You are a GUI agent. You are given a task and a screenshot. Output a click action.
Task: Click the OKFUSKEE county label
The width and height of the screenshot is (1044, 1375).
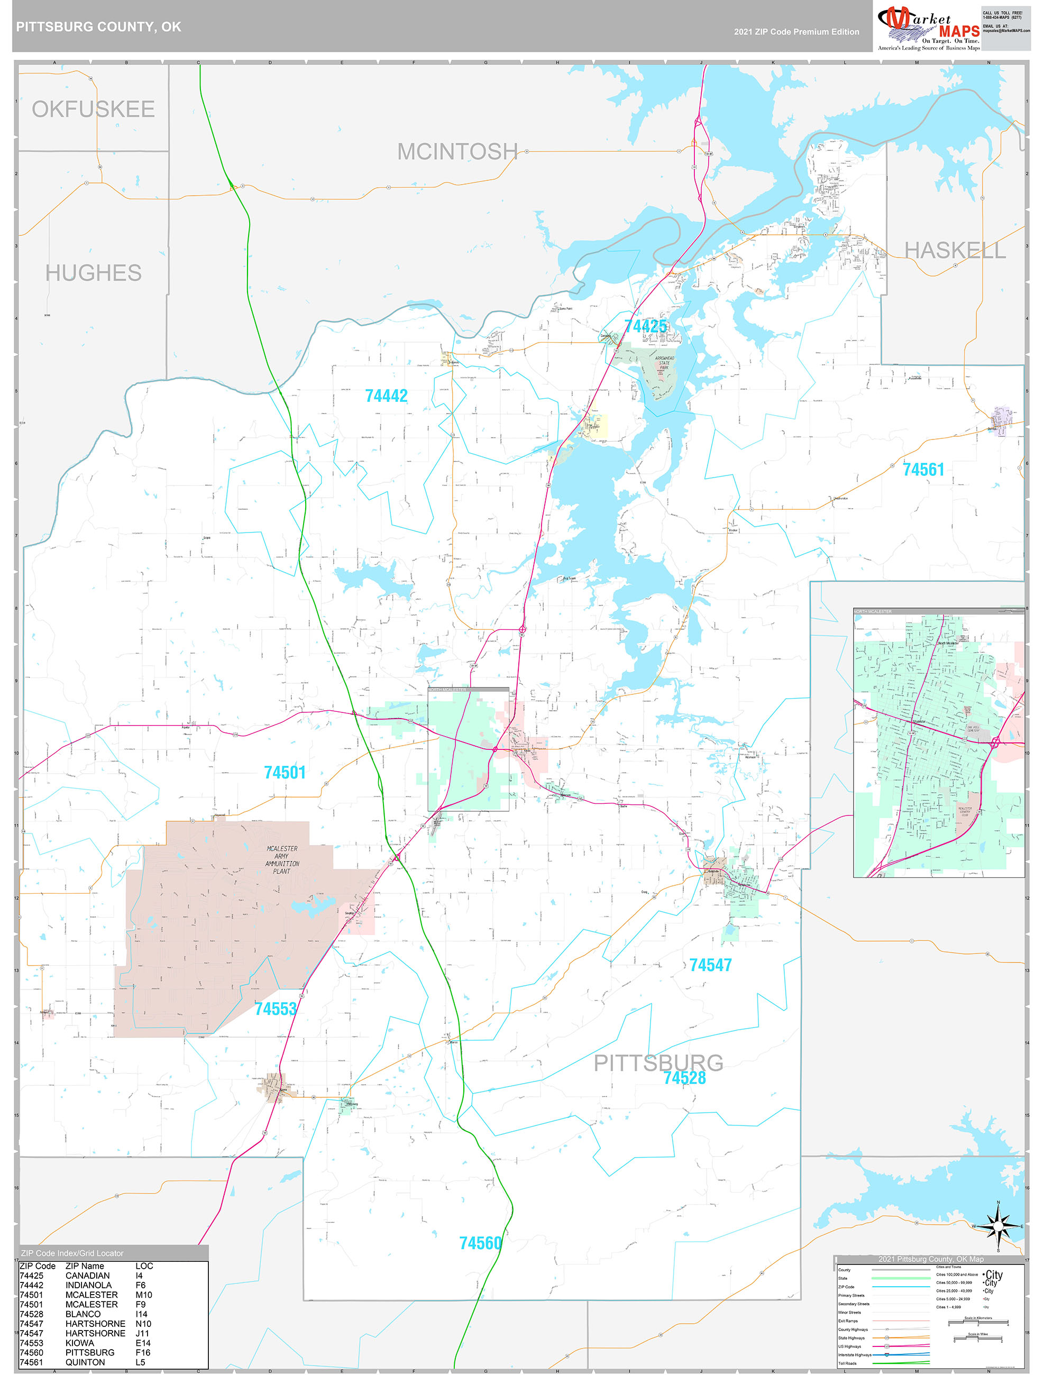click(x=93, y=109)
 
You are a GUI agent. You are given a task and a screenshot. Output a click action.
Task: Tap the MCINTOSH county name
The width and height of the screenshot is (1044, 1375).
click(x=457, y=152)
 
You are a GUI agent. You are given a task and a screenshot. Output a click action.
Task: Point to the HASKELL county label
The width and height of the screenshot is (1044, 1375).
click(x=955, y=251)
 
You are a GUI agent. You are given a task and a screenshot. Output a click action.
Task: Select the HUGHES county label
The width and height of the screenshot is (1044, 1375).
click(x=93, y=273)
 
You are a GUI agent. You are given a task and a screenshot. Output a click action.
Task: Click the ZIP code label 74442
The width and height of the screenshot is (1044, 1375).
click(x=386, y=396)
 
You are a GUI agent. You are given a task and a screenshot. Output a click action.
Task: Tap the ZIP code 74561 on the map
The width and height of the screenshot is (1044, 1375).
click(x=923, y=470)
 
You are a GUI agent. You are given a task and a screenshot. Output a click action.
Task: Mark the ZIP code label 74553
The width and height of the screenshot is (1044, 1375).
click(x=276, y=1009)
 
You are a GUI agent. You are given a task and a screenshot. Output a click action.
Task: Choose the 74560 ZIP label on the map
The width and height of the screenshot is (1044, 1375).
click(x=480, y=1243)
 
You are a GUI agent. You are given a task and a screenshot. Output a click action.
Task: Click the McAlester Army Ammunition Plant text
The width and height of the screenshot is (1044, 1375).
click(x=282, y=860)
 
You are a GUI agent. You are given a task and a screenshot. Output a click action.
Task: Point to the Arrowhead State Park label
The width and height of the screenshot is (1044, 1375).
click(x=664, y=363)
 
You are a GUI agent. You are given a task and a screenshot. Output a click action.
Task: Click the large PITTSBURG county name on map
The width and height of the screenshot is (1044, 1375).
click(x=658, y=1063)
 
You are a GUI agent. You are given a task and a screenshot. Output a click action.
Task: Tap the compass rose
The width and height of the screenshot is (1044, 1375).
click(x=998, y=1226)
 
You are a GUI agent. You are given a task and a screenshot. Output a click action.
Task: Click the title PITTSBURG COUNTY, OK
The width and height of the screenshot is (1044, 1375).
click(x=99, y=27)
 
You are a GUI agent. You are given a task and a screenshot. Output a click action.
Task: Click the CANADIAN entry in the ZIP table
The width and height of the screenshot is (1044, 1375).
click(x=87, y=1276)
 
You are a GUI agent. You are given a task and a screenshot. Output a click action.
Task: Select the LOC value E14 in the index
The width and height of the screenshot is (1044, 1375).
click(x=143, y=1343)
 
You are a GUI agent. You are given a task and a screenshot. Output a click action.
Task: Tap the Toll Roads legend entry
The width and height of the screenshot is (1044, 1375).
click(x=847, y=1363)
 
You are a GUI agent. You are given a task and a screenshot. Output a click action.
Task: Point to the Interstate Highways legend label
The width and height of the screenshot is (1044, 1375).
click(x=854, y=1354)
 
